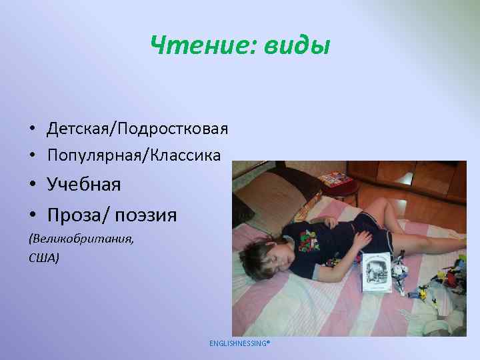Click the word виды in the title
297,45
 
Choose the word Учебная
84,184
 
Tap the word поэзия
146,215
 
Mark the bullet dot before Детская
31,128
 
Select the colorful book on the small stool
333,179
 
